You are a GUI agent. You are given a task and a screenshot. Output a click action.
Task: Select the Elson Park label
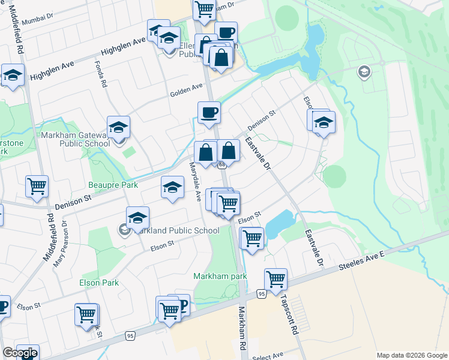click(x=99, y=283)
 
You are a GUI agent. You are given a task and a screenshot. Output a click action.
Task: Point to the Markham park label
click(x=220, y=276)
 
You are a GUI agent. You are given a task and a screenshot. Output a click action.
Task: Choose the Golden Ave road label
click(x=186, y=89)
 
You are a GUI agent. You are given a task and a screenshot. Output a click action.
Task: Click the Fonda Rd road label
click(x=102, y=75)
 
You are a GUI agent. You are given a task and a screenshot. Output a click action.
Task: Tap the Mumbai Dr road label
click(x=37, y=20)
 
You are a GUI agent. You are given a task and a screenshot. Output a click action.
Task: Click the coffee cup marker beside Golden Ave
click(x=209, y=112)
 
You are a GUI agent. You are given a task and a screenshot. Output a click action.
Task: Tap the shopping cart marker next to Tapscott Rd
click(x=276, y=279)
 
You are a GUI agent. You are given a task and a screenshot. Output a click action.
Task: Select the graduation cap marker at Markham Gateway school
click(x=119, y=127)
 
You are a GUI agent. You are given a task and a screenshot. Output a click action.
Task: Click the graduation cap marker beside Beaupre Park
click(x=172, y=187)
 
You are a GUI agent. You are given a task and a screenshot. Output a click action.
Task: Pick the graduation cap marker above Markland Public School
click(x=137, y=217)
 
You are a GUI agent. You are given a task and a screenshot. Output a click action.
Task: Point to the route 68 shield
click(x=222, y=164)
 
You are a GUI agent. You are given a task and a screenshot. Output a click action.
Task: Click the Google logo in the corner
click(x=20, y=353)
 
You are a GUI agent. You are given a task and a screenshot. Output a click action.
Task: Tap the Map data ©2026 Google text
click(x=411, y=355)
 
